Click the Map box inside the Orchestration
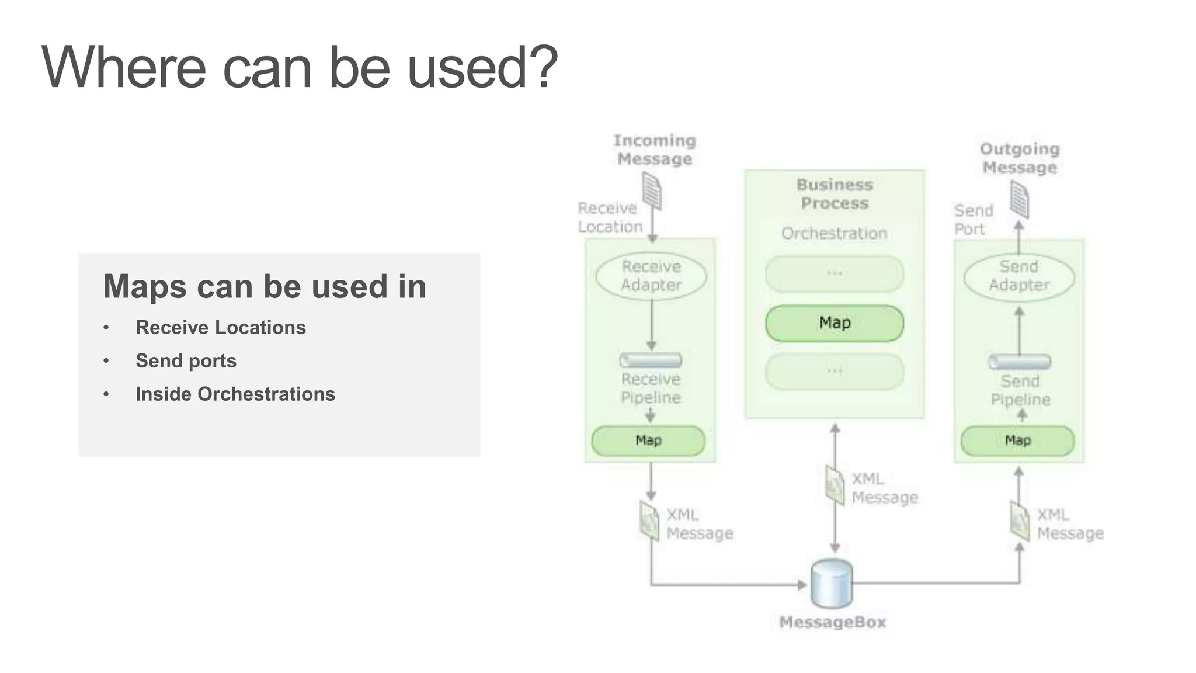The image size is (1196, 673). tap(834, 323)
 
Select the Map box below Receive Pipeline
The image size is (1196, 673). tap(648, 440)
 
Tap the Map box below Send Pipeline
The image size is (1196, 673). tap(1017, 440)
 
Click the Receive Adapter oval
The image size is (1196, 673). tap(651, 276)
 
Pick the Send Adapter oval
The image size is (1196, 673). tap(1019, 276)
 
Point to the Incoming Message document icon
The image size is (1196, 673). tap(652, 190)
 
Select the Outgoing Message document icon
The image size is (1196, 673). tap(1019, 199)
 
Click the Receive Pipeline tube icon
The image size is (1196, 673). tap(651, 360)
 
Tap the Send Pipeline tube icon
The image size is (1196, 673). tap(1019, 362)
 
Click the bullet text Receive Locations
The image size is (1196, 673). tap(220, 328)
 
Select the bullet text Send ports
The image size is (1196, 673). tap(186, 361)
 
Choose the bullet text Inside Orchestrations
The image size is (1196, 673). tap(235, 394)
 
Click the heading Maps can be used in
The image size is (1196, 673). tap(265, 287)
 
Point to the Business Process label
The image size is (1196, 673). tap(835, 194)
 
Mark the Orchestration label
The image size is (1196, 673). tap(834, 233)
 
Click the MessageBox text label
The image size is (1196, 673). tap(832, 622)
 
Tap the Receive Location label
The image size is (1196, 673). tap(609, 217)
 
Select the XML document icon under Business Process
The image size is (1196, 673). tap(835, 484)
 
